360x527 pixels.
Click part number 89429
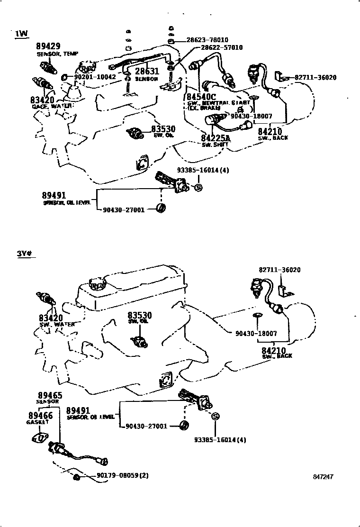(48, 46)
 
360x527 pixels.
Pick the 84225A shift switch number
(215, 138)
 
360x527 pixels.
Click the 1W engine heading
(21, 34)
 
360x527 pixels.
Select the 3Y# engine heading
(24, 254)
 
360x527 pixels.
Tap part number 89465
(50, 395)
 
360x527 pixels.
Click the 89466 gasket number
(39, 415)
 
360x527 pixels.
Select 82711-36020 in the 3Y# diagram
(279, 270)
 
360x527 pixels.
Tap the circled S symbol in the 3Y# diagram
(215, 416)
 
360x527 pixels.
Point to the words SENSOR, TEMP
(57, 54)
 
